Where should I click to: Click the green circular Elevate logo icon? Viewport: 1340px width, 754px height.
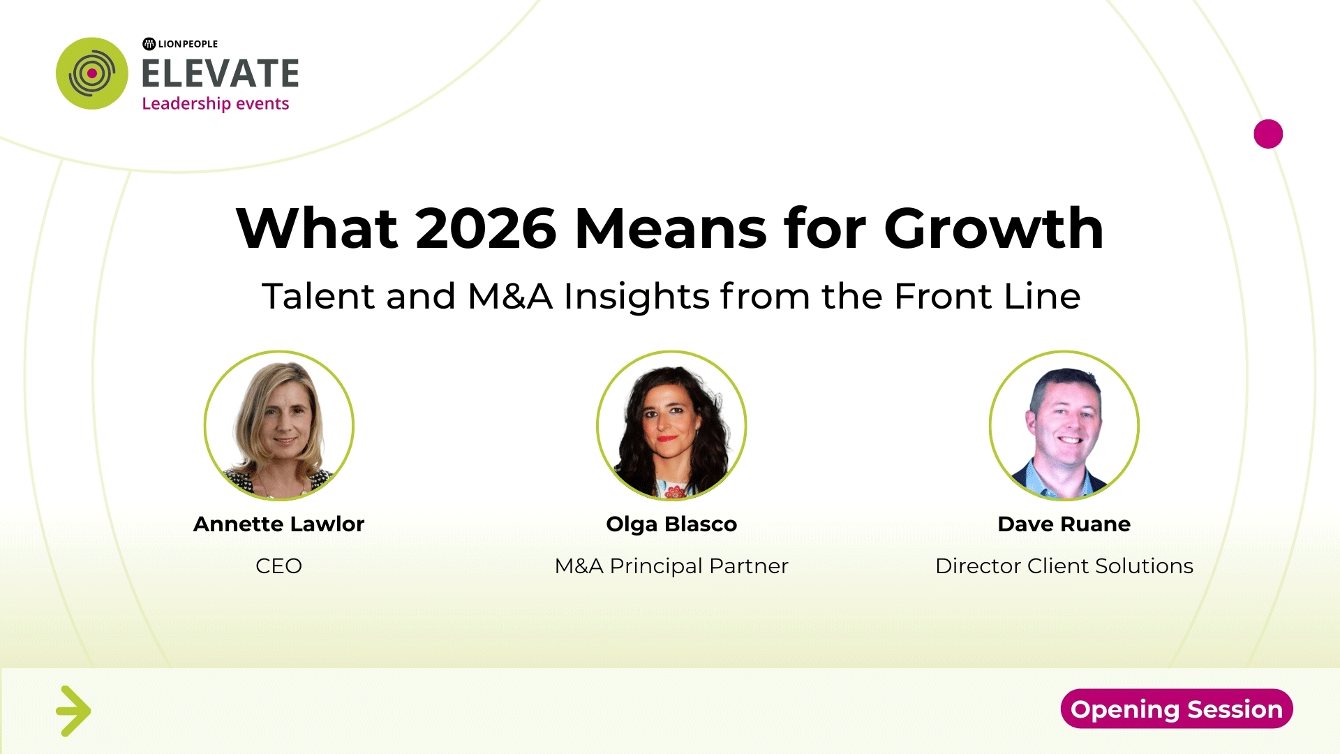point(92,73)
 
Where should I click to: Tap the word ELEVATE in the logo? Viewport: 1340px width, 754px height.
point(221,73)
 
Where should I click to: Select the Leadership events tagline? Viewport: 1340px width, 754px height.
point(215,103)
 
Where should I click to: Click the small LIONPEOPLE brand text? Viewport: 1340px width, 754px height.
point(180,44)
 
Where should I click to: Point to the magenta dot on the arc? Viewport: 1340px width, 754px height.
point(1268,134)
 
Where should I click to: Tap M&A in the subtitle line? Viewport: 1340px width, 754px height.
point(510,296)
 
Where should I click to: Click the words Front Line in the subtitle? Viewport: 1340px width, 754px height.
point(988,296)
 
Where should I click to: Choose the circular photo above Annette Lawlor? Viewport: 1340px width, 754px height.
point(279,425)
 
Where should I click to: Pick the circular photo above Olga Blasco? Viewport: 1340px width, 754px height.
point(671,425)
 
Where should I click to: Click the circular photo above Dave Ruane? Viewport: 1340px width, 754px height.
point(1064,425)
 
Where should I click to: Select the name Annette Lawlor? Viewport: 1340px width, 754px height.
point(279,524)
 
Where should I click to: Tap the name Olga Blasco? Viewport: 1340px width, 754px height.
point(671,524)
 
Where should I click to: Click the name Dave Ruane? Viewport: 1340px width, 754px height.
point(1064,524)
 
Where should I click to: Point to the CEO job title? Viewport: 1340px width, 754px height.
point(279,565)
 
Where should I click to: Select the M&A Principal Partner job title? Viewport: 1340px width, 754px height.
point(671,565)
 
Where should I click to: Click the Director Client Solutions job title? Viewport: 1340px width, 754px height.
point(1064,565)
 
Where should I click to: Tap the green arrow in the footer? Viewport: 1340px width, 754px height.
point(73,711)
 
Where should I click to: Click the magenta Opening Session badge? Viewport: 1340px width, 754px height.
point(1177,709)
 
